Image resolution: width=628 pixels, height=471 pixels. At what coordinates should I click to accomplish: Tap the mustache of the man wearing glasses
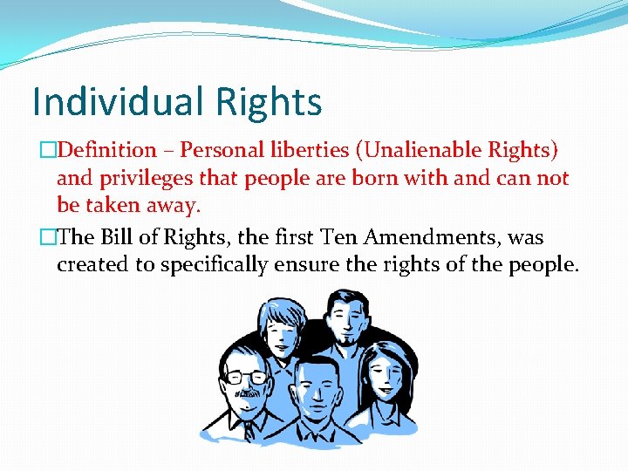[x=247, y=392]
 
